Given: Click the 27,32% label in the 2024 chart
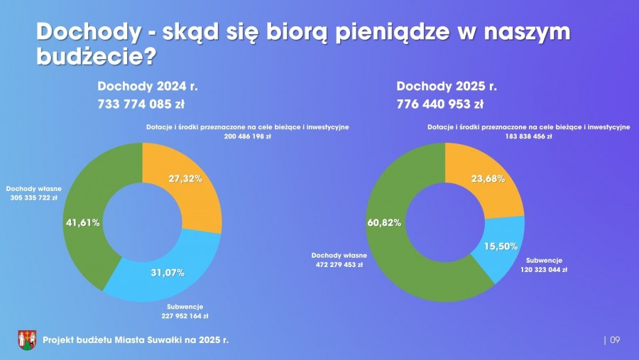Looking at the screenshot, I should (185, 179).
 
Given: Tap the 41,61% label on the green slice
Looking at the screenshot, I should (82, 222).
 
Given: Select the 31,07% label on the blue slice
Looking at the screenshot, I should (168, 273).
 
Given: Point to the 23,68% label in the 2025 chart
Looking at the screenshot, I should (488, 179).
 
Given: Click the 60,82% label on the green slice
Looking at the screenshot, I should (384, 222).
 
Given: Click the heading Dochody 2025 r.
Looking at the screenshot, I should (447, 87).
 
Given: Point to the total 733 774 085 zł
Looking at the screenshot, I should (141, 104).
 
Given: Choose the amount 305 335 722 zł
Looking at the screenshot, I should (34, 198).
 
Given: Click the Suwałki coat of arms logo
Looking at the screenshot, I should (27, 339).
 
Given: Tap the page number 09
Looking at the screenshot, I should (615, 340).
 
